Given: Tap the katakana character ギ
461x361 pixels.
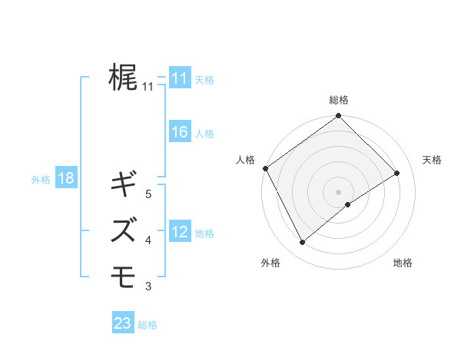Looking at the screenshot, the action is [124, 184].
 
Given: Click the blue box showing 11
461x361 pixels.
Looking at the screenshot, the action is [179, 79].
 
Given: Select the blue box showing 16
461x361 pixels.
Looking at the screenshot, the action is [179, 133].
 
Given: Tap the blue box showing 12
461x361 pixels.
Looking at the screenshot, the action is [179, 233].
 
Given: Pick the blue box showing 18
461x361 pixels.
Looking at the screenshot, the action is [65, 179].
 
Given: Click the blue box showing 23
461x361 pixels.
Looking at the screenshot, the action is [122, 324].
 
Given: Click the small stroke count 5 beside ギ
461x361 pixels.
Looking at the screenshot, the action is [148, 194].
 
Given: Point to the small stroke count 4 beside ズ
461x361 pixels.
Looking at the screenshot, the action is [148, 240].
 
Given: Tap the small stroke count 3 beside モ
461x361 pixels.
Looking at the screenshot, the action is [148, 286].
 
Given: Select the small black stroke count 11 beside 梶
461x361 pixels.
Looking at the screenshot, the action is [148, 87].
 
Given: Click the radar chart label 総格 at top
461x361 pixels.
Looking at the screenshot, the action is [338, 100].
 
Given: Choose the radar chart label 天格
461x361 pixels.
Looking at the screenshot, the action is [432, 160].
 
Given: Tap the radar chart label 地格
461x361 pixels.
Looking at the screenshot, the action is [403, 263].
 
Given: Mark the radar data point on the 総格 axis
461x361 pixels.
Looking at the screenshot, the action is [338, 117].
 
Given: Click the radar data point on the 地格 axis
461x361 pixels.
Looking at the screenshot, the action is [348, 204].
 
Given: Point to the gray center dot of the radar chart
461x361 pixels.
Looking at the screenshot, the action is [338, 190].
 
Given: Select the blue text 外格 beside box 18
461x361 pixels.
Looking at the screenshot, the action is [41, 180].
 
